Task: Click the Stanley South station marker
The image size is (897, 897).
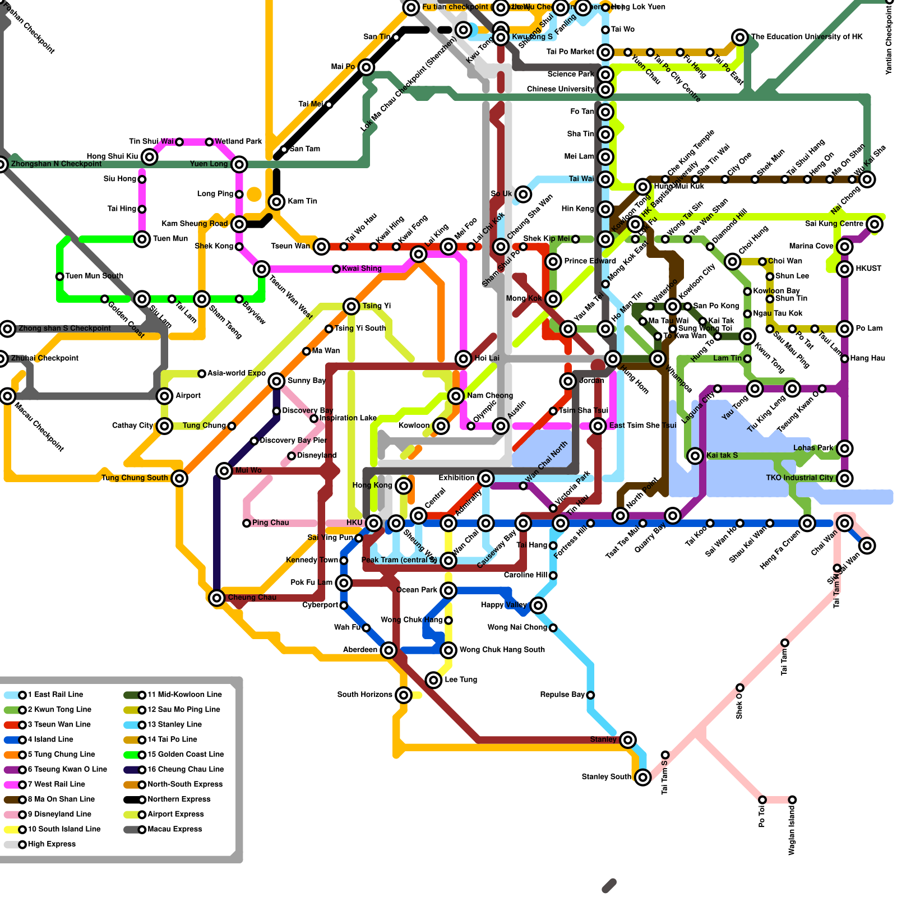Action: (642, 777)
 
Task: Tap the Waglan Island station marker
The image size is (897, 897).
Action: (792, 799)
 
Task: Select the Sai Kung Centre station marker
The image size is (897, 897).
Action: (875, 224)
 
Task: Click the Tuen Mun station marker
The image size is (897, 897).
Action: (142, 239)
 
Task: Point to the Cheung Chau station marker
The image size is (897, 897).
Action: (217, 598)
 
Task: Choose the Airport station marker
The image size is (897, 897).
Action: (164, 396)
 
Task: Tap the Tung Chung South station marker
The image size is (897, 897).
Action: (179, 478)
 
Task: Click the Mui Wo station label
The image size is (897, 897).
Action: (248, 470)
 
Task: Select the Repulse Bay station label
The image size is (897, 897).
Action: (562, 695)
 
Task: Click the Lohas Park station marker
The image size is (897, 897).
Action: (845, 449)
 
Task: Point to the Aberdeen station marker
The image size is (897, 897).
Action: (389, 650)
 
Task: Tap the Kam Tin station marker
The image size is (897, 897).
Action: (276, 202)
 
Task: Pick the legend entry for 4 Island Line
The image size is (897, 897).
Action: (50, 739)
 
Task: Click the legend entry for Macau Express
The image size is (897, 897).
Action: (174, 829)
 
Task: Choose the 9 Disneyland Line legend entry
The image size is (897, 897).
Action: (59, 814)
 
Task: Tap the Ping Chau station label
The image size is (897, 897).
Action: (270, 523)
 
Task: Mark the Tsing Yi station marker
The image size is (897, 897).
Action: (352, 306)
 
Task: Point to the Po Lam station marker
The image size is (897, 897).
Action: (845, 329)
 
